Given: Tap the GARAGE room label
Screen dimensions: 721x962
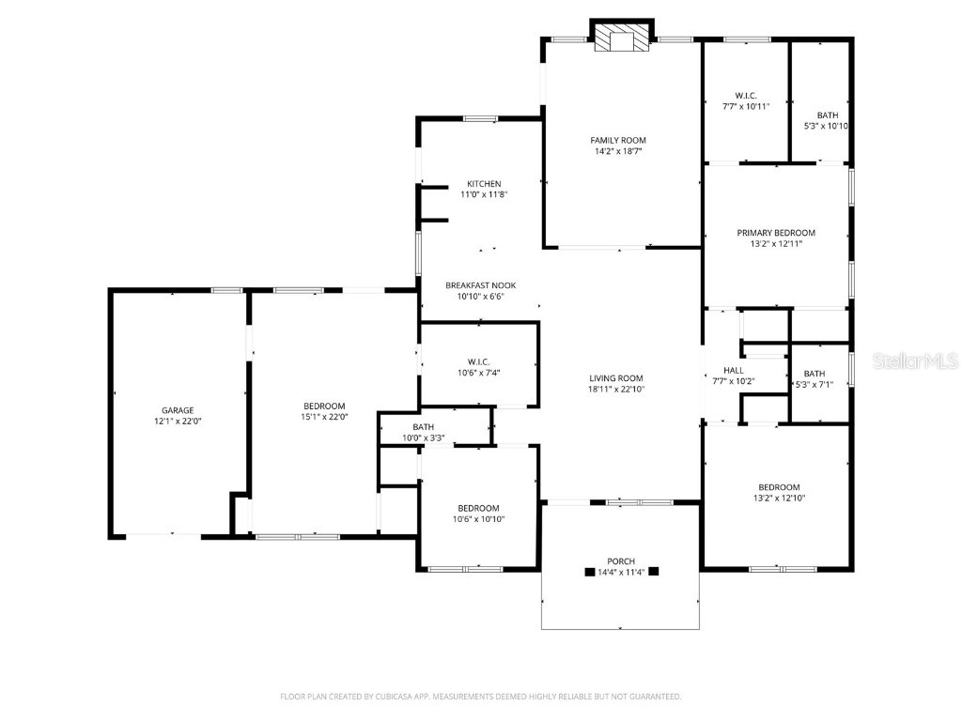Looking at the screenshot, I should click(177, 410).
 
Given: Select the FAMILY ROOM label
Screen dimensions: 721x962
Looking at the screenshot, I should click(617, 140).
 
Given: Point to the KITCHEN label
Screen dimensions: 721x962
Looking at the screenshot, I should click(485, 184).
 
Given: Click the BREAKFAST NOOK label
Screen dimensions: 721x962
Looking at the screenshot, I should click(480, 285).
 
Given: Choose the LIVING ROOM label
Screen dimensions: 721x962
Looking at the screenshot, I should click(616, 377).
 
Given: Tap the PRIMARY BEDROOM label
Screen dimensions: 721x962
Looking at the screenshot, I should click(775, 233).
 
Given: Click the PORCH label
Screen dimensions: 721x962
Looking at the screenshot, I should click(620, 561).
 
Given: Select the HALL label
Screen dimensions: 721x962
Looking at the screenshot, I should click(733, 371).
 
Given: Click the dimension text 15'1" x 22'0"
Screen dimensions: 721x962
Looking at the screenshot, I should click(323, 417).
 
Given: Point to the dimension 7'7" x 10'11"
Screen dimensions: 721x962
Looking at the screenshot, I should click(746, 107).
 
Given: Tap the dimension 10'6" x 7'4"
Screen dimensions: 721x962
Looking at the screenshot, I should click(479, 373).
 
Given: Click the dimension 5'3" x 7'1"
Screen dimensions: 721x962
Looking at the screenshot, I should click(814, 384).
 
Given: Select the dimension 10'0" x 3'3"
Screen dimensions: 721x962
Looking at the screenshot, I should click(423, 437).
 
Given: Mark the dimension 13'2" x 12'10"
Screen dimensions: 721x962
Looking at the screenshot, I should click(779, 499).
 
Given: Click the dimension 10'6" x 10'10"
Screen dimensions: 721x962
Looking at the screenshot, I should click(479, 519).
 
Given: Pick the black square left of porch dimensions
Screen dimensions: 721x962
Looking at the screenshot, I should click(589, 571).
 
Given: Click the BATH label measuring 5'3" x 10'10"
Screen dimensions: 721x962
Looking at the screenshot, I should click(827, 115).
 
